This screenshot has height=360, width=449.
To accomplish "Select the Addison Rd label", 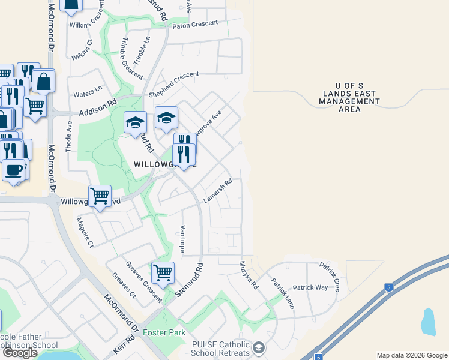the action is tap(97, 108).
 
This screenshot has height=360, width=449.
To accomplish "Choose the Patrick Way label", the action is tap(310, 287).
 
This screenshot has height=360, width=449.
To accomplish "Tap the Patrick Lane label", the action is tap(282, 293).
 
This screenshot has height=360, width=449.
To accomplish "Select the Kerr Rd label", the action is tap(123, 344).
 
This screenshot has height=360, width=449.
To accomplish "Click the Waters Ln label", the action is tap(88, 93).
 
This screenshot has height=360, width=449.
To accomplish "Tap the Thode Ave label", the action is tap(69, 135).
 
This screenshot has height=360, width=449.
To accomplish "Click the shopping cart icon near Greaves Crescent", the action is tap(163, 273).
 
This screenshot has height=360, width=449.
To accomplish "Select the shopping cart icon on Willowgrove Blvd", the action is tap(100, 196).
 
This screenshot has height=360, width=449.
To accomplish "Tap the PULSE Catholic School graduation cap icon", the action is tap(259, 347).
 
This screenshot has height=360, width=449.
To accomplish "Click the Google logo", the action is tap(20, 353).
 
